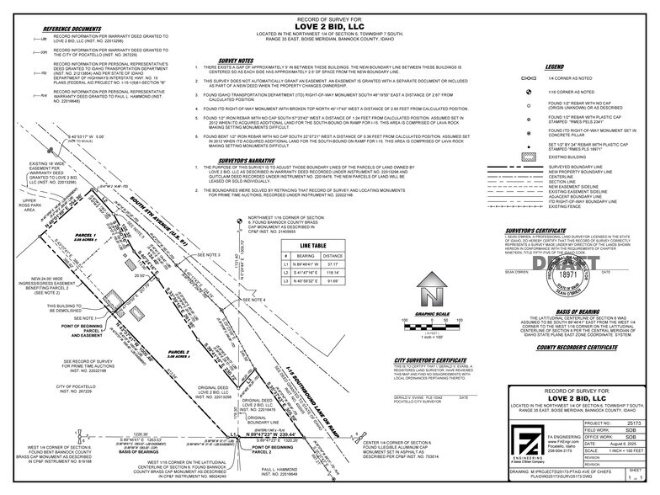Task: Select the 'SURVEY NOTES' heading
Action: click(235, 61)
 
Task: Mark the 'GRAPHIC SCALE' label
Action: click(433, 312)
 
